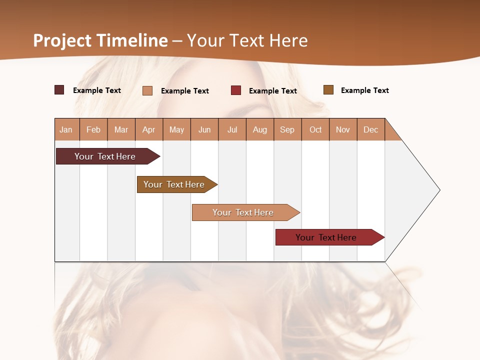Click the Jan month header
pyautogui.click(x=66, y=129)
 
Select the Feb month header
pyautogui.click(x=93, y=129)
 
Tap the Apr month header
pyautogui.click(x=149, y=129)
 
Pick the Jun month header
pyautogui.click(x=204, y=129)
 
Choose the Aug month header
pyautogui.click(x=260, y=129)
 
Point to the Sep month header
pyautogui.click(x=287, y=129)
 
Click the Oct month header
pyautogui.click(x=315, y=129)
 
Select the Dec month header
pyautogui.click(x=371, y=129)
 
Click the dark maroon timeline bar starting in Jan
pyautogui.click(x=105, y=156)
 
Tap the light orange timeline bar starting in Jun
pyautogui.click(x=243, y=212)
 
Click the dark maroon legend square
pyautogui.click(x=59, y=90)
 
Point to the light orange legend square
pyautogui.click(x=147, y=90)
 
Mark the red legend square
pyautogui.click(x=236, y=90)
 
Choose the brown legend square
pyautogui.click(x=328, y=90)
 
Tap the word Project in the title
pyautogui.click(x=62, y=40)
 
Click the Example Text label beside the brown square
pyautogui.click(x=364, y=90)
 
